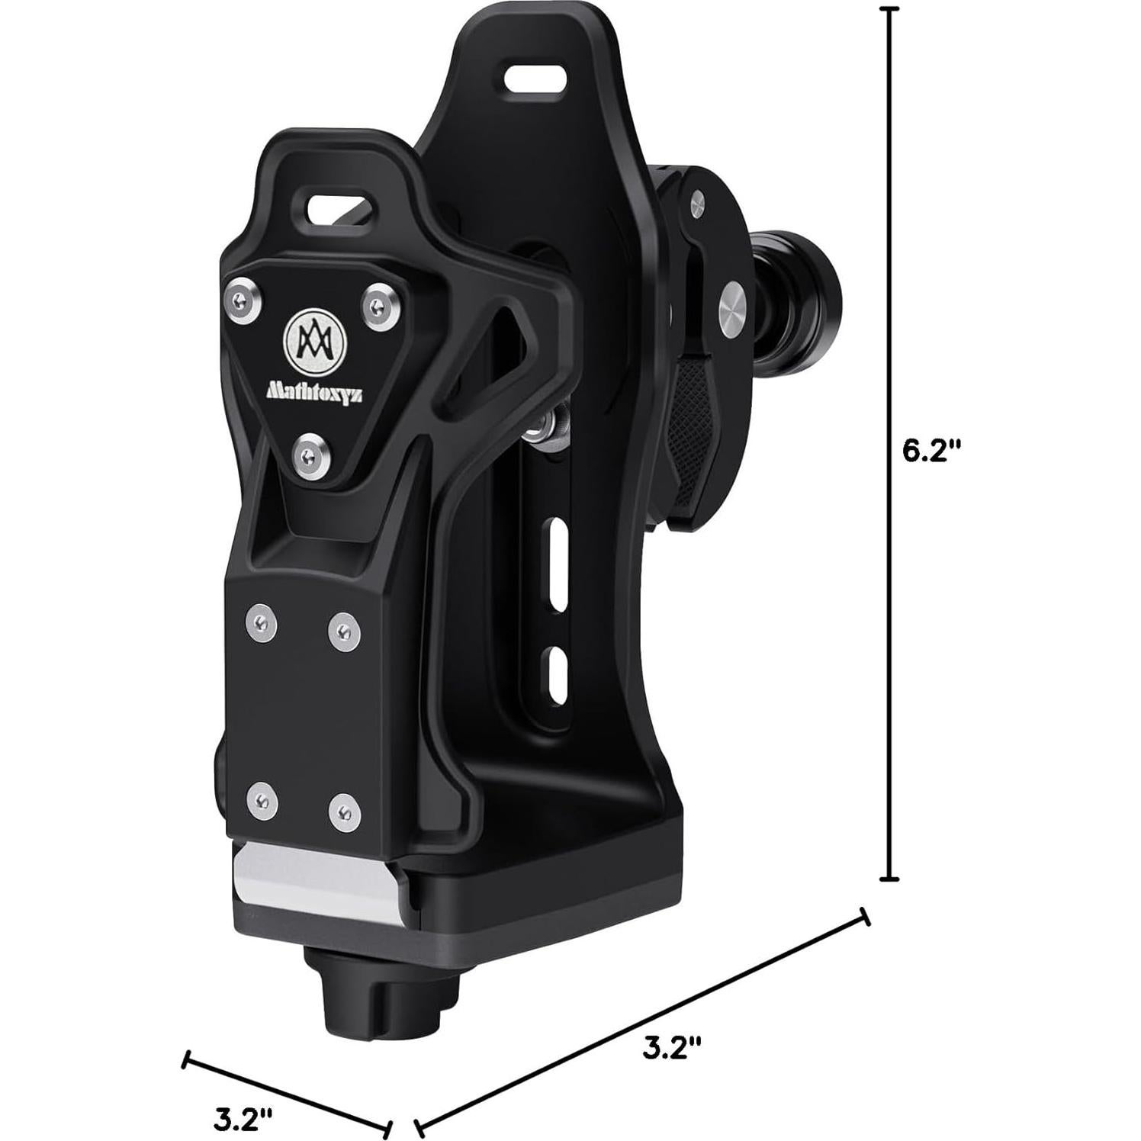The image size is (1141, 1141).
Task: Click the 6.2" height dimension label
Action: click(x=930, y=451)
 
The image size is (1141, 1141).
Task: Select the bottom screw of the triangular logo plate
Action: click(x=308, y=455)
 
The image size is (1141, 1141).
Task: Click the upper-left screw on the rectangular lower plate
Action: click(x=262, y=624)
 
